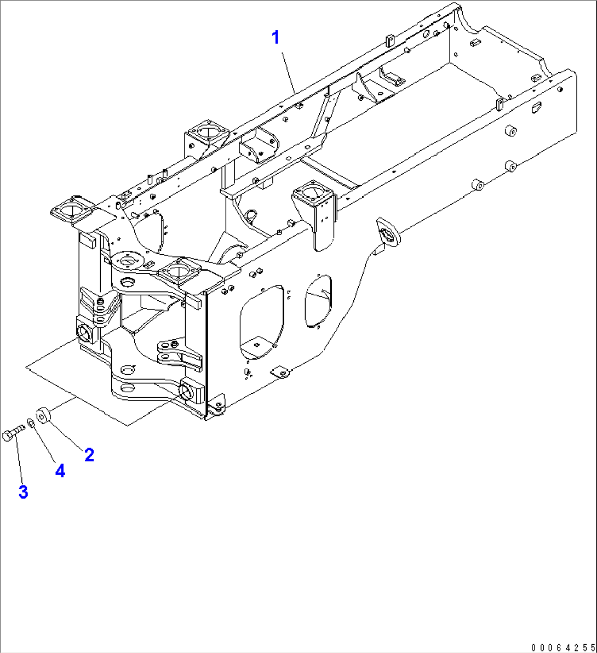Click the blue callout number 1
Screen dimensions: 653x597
(x=276, y=38)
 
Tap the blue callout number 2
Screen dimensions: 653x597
(x=89, y=455)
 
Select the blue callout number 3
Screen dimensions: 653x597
(x=23, y=492)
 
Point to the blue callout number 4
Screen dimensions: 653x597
(x=60, y=470)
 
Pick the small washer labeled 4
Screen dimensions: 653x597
(x=31, y=423)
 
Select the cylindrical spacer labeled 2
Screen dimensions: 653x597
(x=43, y=415)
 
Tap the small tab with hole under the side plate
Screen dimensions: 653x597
(x=281, y=373)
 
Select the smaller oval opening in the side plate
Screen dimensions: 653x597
(x=318, y=301)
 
